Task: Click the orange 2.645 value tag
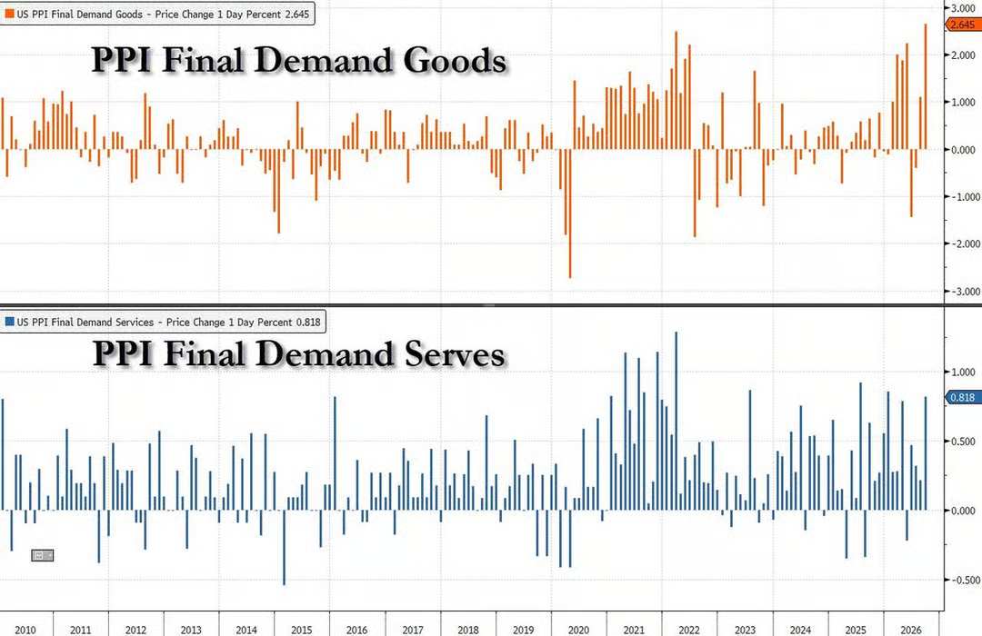pos(963,25)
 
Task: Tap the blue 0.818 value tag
pos(963,398)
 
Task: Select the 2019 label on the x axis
pos(524,630)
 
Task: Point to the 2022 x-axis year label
pos(689,630)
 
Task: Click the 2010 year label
pos(25,630)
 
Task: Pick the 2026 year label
pos(910,630)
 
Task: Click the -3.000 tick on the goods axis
pos(965,291)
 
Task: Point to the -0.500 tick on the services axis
pos(965,581)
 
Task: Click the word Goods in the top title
pos(455,61)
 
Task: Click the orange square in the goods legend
pos(9,13)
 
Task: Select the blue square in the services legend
pos(9,322)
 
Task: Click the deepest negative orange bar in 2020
pos(570,213)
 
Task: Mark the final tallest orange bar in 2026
pos(926,86)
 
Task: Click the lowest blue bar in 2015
pos(285,548)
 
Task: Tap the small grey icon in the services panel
pos(43,555)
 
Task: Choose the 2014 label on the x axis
pos(246,630)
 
